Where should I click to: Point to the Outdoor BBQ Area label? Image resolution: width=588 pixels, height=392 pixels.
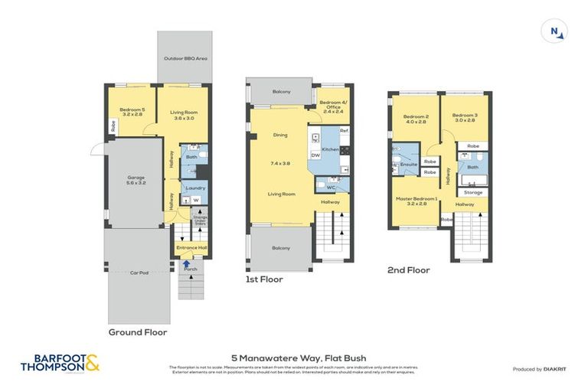pyautogui.click(x=185, y=58)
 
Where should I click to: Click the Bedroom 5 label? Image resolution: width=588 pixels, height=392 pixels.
pyautogui.click(x=132, y=111)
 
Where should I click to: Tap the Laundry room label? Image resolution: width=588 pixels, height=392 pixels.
pyautogui.click(x=194, y=188)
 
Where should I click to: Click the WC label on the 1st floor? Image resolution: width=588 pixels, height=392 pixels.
pyautogui.click(x=331, y=187)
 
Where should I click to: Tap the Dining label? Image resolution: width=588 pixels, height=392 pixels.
pyautogui.click(x=280, y=136)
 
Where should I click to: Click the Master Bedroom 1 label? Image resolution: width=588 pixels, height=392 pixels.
pyautogui.click(x=416, y=201)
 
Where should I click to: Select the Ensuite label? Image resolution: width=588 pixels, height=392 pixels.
pyautogui.click(x=408, y=165)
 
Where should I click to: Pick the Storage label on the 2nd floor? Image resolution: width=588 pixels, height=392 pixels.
pyautogui.click(x=473, y=192)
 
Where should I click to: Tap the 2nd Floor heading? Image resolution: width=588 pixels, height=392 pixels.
pyautogui.click(x=408, y=270)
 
